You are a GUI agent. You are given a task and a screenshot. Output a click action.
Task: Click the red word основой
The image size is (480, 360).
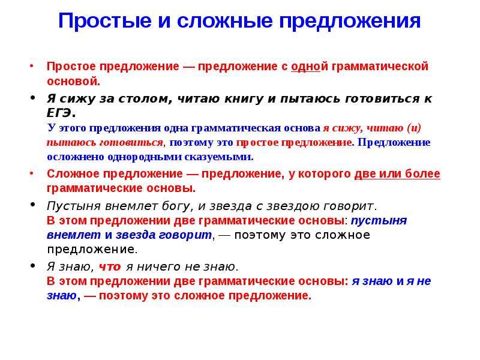coord(73,82)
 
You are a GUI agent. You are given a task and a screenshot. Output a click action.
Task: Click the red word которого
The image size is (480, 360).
coord(324,174)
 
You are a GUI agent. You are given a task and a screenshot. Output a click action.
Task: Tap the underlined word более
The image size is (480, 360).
coord(422,173)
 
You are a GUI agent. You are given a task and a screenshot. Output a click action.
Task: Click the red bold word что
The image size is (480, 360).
coord(110,267)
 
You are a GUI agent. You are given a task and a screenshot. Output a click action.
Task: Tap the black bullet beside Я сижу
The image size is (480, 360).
coord(33,97)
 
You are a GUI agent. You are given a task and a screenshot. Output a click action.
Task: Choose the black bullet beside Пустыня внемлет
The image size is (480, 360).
coord(33,205)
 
